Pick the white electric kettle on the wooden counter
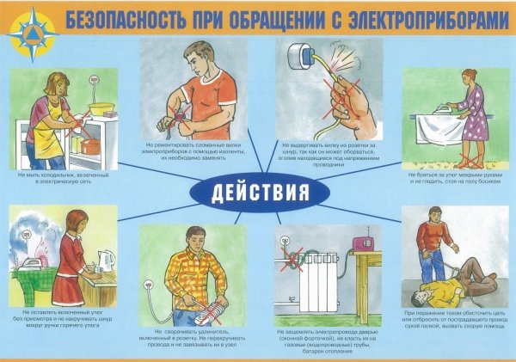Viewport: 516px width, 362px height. coord(108,257)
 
